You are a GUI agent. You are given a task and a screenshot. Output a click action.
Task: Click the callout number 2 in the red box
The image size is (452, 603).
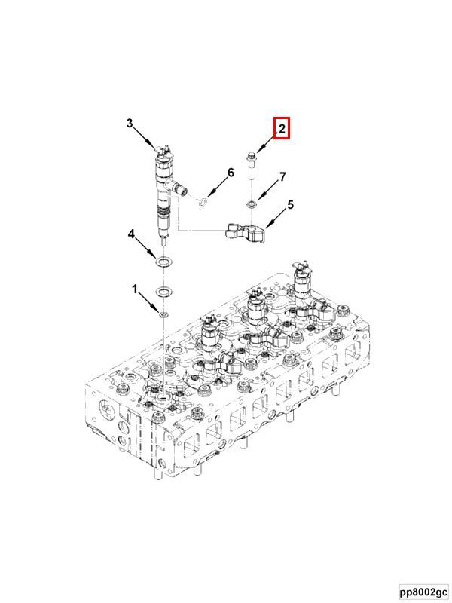point(282,128)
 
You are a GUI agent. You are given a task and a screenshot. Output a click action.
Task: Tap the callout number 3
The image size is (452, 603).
point(130,124)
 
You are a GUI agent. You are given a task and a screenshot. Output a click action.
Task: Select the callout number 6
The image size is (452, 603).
point(231,173)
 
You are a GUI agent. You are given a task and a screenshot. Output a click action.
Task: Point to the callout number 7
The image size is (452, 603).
point(282,177)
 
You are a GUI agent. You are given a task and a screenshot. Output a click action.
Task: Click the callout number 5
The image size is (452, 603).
point(290,204)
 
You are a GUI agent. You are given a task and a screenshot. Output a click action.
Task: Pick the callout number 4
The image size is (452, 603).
point(131,234)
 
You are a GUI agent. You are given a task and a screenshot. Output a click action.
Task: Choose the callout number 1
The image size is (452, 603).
point(135,289)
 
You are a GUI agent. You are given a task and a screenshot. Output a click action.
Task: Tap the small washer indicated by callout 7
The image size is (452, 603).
point(252,204)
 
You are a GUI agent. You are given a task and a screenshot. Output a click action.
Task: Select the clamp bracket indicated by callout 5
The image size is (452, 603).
point(245,232)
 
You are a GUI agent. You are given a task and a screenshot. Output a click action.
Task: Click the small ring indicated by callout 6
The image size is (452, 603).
point(203,202)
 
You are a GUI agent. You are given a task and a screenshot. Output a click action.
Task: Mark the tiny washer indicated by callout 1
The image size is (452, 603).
point(164,315)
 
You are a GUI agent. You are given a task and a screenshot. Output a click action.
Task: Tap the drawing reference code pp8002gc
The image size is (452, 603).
point(423,592)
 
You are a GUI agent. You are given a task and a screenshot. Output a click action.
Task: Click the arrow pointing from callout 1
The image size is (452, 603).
point(148,302)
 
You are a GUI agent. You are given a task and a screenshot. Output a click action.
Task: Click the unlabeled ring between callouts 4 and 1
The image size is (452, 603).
point(163,291)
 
